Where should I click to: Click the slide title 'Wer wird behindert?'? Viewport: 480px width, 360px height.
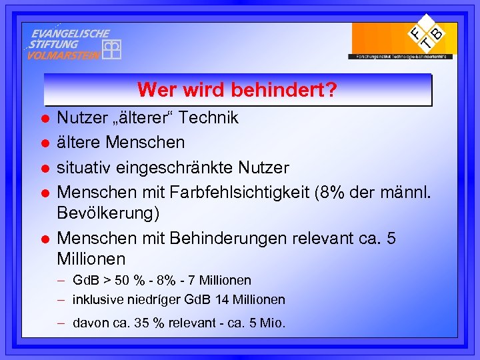237,89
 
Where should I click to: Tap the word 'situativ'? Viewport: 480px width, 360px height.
81,167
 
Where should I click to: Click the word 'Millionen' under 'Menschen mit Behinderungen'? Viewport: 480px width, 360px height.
91,259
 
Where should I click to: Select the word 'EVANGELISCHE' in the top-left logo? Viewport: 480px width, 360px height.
71,33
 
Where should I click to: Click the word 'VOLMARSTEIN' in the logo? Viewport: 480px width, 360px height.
63,55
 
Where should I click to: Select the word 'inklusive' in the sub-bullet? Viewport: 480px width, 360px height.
97,299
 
